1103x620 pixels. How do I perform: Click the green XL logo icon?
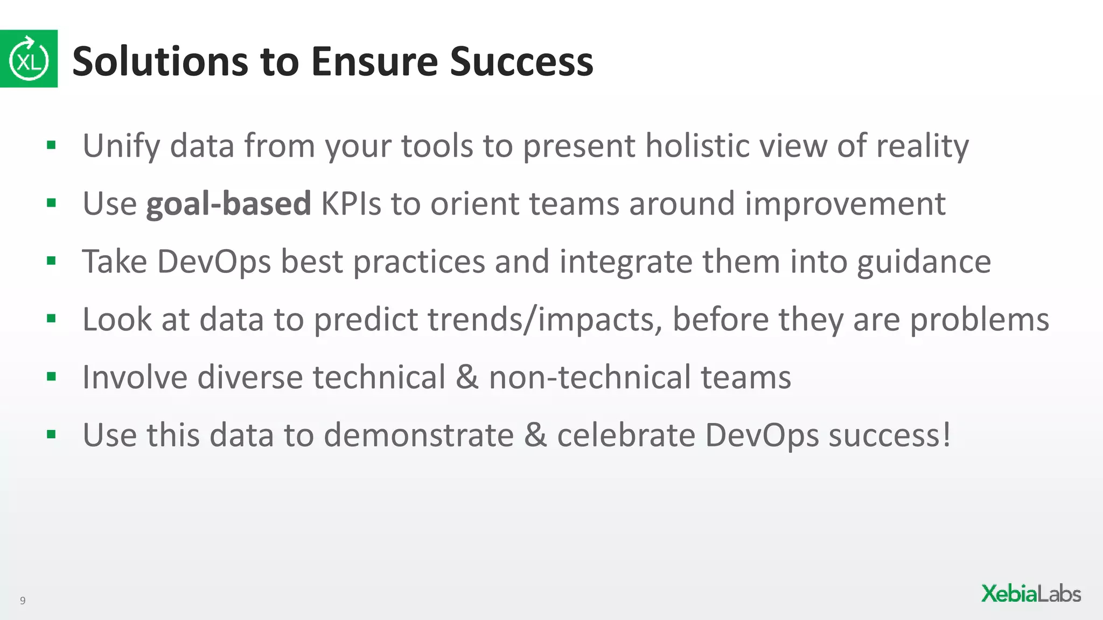point(29,59)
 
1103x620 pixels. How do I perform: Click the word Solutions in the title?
point(160,61)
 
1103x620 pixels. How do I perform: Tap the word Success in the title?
point(521,61)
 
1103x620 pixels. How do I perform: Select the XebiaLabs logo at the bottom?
point(1030,594)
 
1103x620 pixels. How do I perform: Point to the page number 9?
point(23,601)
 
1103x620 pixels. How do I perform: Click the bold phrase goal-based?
point(228,204)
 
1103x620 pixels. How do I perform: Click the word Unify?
point(121,146)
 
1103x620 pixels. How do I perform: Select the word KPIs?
point(351,204)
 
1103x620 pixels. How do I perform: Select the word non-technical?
point(589,377)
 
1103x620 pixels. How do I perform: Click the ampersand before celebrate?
point(535,435)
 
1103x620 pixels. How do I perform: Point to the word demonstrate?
point(418,435)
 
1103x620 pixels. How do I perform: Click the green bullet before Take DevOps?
point(52,262)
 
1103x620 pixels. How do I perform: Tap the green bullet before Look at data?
point(52,319)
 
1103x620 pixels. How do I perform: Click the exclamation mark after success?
point(946,435)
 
